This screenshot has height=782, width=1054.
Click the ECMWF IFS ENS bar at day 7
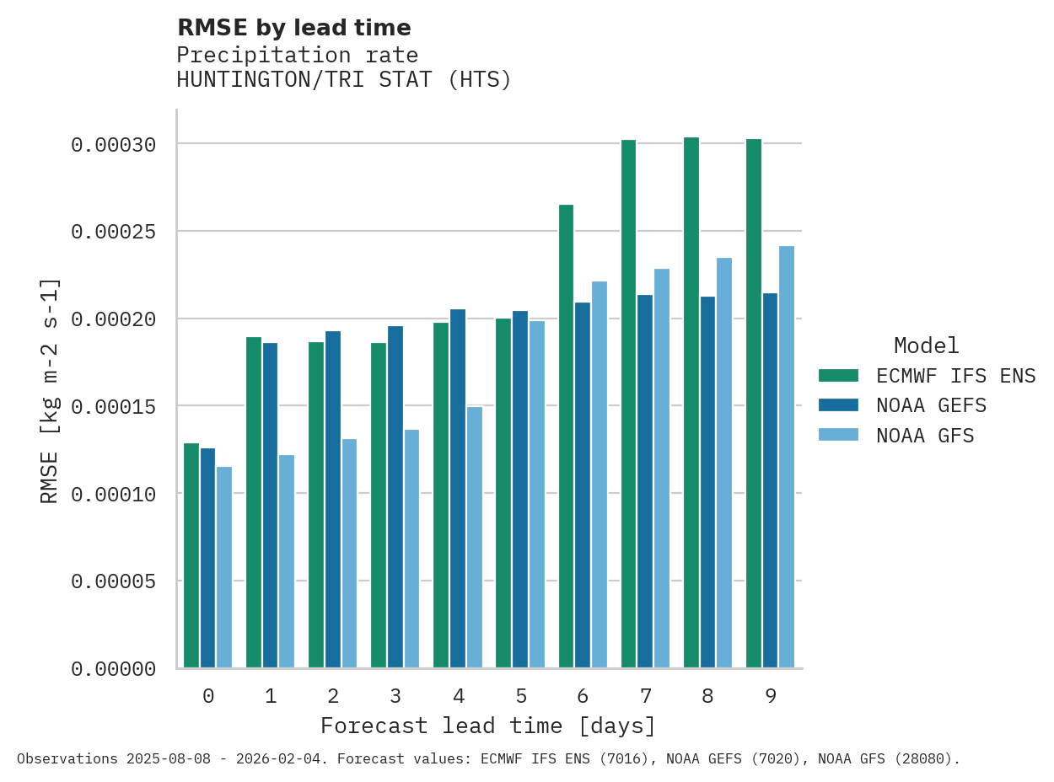629,404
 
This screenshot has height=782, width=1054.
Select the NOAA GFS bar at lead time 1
287,561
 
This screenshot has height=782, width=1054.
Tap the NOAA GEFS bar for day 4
458,489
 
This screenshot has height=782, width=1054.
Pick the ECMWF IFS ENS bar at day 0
191,555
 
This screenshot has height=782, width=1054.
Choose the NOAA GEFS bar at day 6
583,485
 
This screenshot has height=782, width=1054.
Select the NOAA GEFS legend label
931,405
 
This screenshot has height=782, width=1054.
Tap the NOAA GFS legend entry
925,436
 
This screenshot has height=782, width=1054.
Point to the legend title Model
926,345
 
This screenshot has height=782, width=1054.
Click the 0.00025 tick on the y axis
114,232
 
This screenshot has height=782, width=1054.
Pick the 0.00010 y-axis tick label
114,494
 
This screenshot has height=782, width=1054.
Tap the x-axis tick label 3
395,697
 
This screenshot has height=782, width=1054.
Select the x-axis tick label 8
707,697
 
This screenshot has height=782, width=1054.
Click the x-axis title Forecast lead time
487,726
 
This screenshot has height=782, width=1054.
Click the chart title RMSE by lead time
293,28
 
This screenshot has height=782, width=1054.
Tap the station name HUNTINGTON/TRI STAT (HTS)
344,80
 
